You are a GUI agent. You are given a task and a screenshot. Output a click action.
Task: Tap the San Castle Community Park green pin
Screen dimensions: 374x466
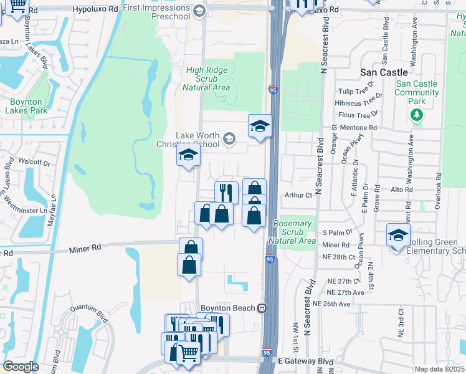click(x=417, y=115)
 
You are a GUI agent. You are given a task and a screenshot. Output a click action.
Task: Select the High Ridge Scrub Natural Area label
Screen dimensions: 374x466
click(x=208, y=79)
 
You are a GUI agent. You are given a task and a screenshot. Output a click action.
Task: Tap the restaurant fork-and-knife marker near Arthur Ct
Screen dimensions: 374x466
click(x=226, y=192)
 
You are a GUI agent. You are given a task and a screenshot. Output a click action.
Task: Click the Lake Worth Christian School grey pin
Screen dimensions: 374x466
click(x=229, y=138)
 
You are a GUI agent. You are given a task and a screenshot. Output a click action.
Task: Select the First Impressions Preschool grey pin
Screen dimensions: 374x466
click(x=199, y=10)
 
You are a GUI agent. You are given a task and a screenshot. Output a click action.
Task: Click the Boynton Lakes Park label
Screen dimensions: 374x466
click(x=26, y=106)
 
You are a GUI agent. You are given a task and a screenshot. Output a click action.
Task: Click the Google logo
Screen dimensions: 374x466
click(x=21, y=367)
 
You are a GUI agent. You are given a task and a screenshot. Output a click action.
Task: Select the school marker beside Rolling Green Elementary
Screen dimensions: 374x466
click(x=398, y=236)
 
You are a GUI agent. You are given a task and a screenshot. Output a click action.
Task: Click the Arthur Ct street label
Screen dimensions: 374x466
click(x=298, y=195)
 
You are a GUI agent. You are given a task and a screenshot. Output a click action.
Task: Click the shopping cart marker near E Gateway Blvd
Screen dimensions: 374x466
click(x=188, y=353)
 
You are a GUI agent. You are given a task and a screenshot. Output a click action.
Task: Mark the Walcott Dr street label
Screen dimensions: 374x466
click(x=34, y=163)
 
